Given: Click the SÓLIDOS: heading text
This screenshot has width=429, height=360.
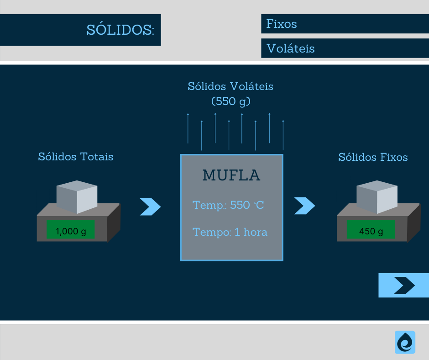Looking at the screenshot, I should click(x=120, y=30).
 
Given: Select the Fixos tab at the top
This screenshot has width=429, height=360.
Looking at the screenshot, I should click(x=282, y=24).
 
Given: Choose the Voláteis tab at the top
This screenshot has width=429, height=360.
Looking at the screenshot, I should click(x=291, y=48).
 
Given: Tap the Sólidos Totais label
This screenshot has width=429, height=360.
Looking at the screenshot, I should click(x=76, y=157).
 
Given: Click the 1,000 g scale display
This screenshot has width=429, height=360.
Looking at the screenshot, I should click(x=71, y=231).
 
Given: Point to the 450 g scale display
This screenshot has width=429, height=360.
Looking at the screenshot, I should click(x=371, y=231).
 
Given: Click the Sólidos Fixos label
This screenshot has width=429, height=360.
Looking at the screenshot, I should click(x=373, y=157).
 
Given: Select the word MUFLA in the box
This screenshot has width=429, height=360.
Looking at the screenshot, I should click(x=231, y=175).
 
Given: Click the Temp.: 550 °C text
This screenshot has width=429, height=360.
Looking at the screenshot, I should click(x=229, y=205).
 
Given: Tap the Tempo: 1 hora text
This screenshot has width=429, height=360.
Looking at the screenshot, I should click(x=230, y=232).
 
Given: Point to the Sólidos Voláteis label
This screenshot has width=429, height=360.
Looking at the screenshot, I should click(x=230, y=86).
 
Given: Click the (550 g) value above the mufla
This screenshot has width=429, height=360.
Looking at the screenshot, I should click(x=231, y=101).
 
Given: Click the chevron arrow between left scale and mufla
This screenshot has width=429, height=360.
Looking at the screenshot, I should click(x=150, y=206).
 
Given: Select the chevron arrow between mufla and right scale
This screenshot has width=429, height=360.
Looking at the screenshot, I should click(x=304, y=206).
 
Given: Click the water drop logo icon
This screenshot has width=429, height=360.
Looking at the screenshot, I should click(x=405, y=342).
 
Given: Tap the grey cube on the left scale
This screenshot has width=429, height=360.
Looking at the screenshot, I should click(x=77, y=197).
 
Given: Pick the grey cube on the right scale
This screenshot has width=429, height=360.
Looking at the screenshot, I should click(x=377, y=197).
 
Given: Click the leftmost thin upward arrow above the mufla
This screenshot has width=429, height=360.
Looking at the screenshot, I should click(x=188, y=128).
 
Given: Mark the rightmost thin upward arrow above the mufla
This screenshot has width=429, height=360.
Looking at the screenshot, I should click(x=283, y=135).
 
